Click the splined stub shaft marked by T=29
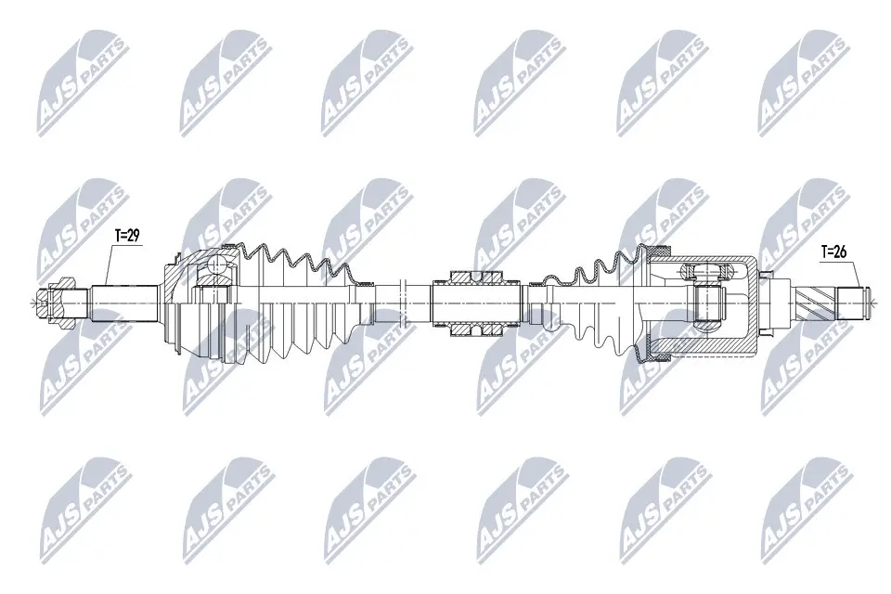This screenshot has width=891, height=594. [x=125, y=300]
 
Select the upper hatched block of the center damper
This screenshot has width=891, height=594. [x=476, y=276]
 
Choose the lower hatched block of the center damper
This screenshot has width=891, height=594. [x=476, y=326]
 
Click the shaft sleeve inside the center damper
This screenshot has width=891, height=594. [x=476, y=300]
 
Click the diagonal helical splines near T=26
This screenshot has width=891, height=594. [x=817, y=300]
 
